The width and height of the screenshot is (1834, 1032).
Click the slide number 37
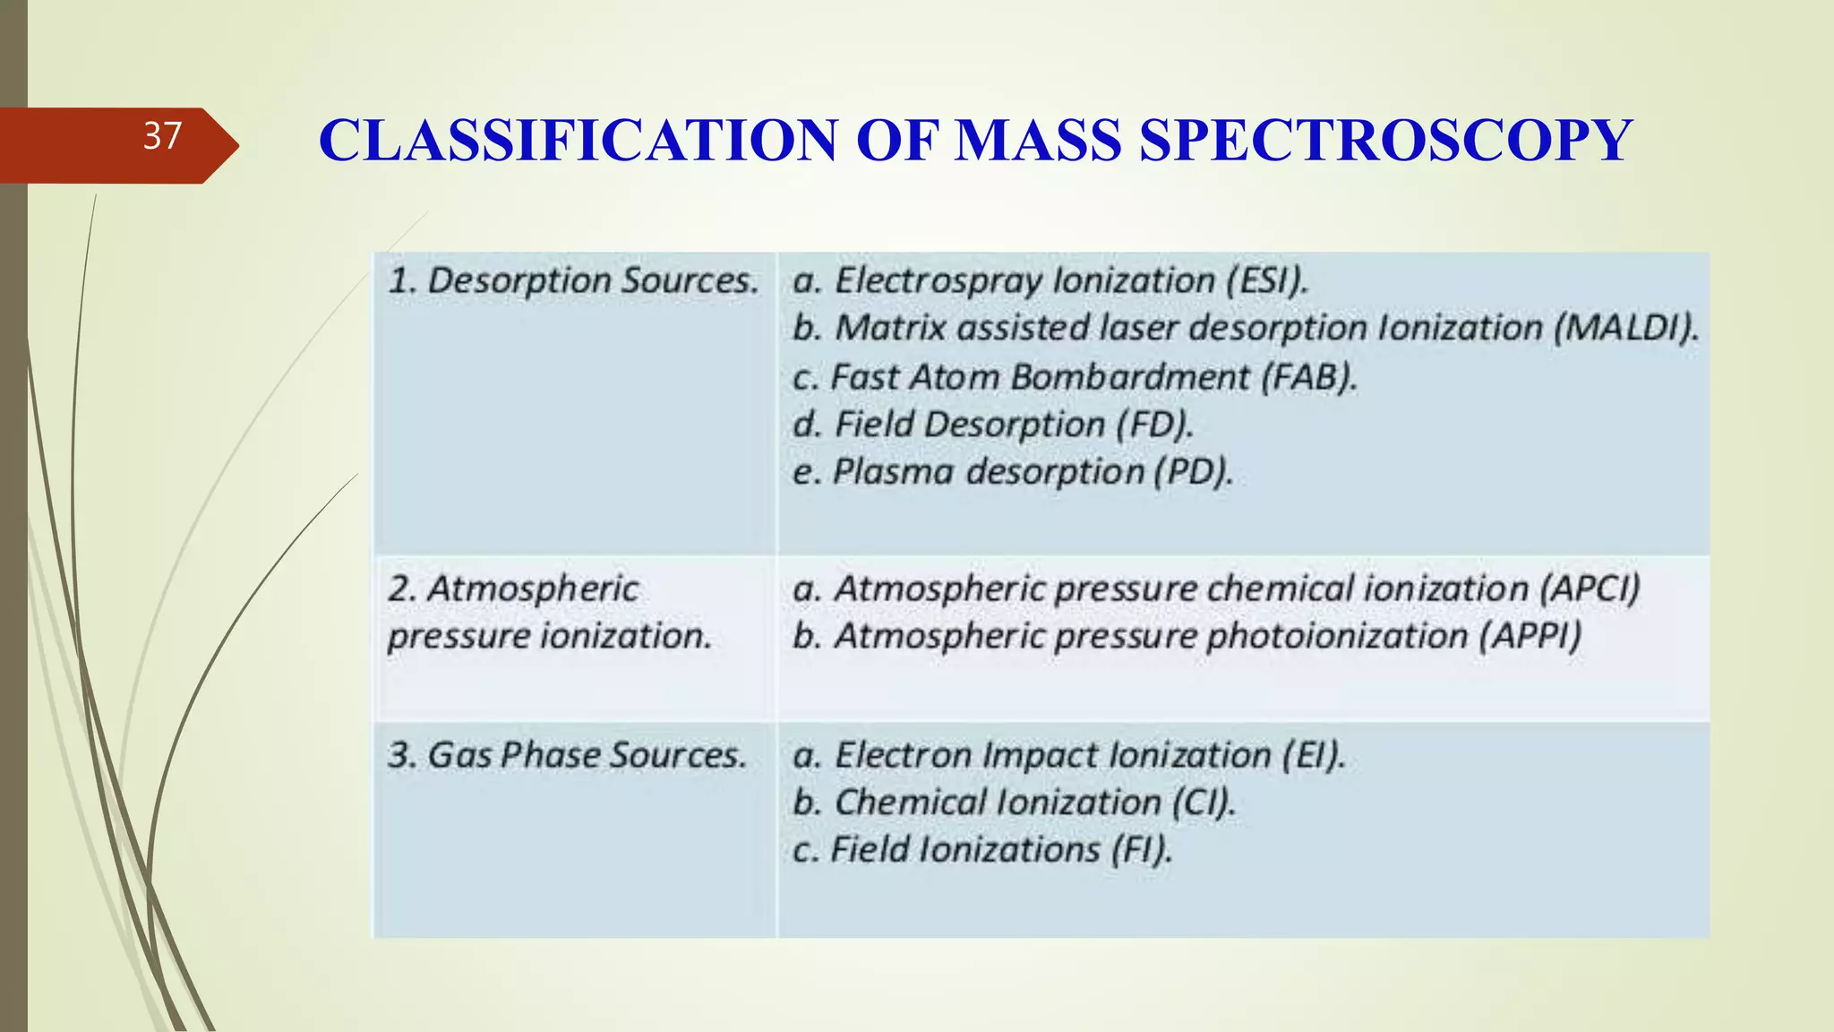[x=162, y=137]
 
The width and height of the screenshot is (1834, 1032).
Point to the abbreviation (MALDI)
[x=1625, y=328]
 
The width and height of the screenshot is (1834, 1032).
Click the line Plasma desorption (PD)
[x=1012, y=472]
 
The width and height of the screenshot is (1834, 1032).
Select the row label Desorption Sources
[x=573, y=281]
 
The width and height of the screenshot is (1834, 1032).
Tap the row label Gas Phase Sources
[x=567, y=755]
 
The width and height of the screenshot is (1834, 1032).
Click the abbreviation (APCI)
[x=1590, y=589]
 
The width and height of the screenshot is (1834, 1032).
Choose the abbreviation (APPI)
[x=1530, y=636]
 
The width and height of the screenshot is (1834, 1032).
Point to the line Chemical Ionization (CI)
[x=1014, y=803]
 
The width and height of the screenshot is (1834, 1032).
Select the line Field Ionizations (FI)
[x=982, y=850]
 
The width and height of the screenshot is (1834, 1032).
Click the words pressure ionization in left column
[x=549, y=636]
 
